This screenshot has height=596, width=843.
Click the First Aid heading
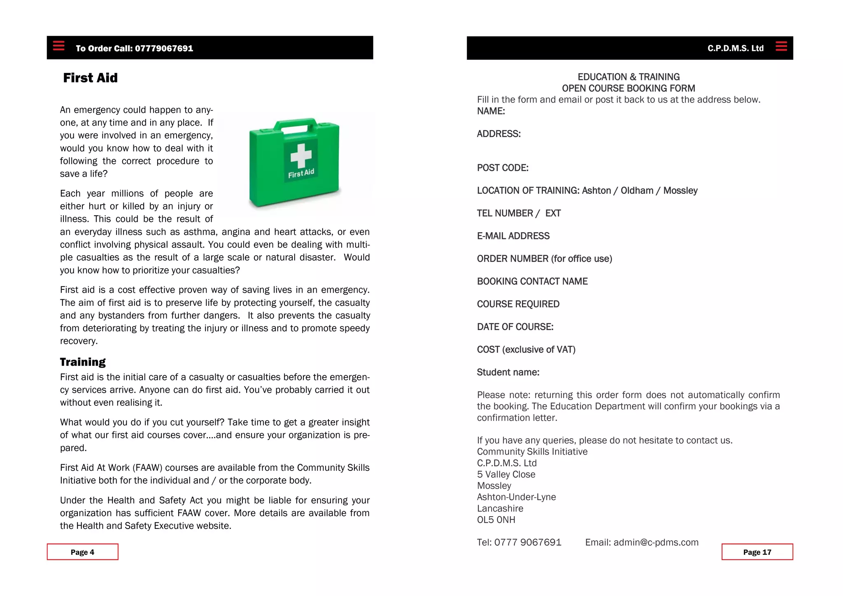90,78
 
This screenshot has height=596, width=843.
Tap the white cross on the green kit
301,156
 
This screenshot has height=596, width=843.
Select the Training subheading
83,362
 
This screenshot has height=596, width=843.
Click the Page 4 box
82,552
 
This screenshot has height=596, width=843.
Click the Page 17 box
757,552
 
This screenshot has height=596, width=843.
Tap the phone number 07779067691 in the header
164,49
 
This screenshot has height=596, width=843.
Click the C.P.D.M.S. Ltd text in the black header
735,48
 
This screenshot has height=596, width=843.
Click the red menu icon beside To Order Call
59,46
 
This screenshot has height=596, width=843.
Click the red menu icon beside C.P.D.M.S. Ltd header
781,46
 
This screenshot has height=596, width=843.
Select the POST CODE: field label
503,168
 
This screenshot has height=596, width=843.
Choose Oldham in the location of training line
637,191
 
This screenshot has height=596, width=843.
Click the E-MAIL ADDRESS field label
513,236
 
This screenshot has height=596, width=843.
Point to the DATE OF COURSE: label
515,327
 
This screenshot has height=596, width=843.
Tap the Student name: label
508,372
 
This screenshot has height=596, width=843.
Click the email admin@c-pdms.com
656,542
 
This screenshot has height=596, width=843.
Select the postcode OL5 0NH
496,520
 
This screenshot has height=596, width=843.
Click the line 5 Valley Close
506,475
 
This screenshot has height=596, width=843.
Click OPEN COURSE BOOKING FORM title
628,88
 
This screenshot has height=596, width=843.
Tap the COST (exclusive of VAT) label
526,349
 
